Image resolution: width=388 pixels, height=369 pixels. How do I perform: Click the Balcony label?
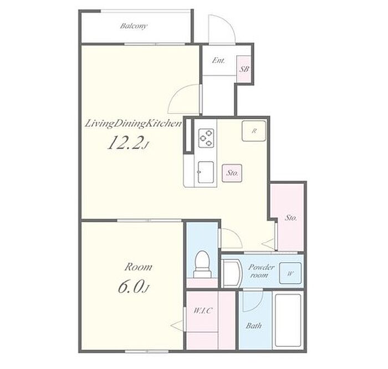(134, 26)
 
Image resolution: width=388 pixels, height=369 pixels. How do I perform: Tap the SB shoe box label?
(244, 69)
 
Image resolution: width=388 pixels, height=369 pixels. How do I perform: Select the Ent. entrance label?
(218, 60)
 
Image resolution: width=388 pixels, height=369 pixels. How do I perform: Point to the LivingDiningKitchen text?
(134, 124)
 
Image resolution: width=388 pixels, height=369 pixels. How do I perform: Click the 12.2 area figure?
(127, 143)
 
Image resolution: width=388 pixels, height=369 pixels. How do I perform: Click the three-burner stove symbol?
(206, 138)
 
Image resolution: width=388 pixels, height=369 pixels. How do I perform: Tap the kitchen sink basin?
(206, 172)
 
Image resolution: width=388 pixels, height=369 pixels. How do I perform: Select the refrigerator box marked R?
(254, 131)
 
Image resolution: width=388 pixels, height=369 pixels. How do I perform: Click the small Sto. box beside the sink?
(232, 173)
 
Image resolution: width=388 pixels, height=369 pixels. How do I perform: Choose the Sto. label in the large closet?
(291, 218)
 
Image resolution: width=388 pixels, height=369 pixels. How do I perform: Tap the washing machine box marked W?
(290, 273)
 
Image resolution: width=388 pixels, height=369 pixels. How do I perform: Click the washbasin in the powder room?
(232, 273)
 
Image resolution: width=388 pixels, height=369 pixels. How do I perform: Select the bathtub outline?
(288, 320)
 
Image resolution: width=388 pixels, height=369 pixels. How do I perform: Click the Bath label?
(254, 325)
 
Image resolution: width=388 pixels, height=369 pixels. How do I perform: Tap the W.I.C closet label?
(203, 310)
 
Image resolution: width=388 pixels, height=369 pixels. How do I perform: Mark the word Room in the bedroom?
(138, 267)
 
